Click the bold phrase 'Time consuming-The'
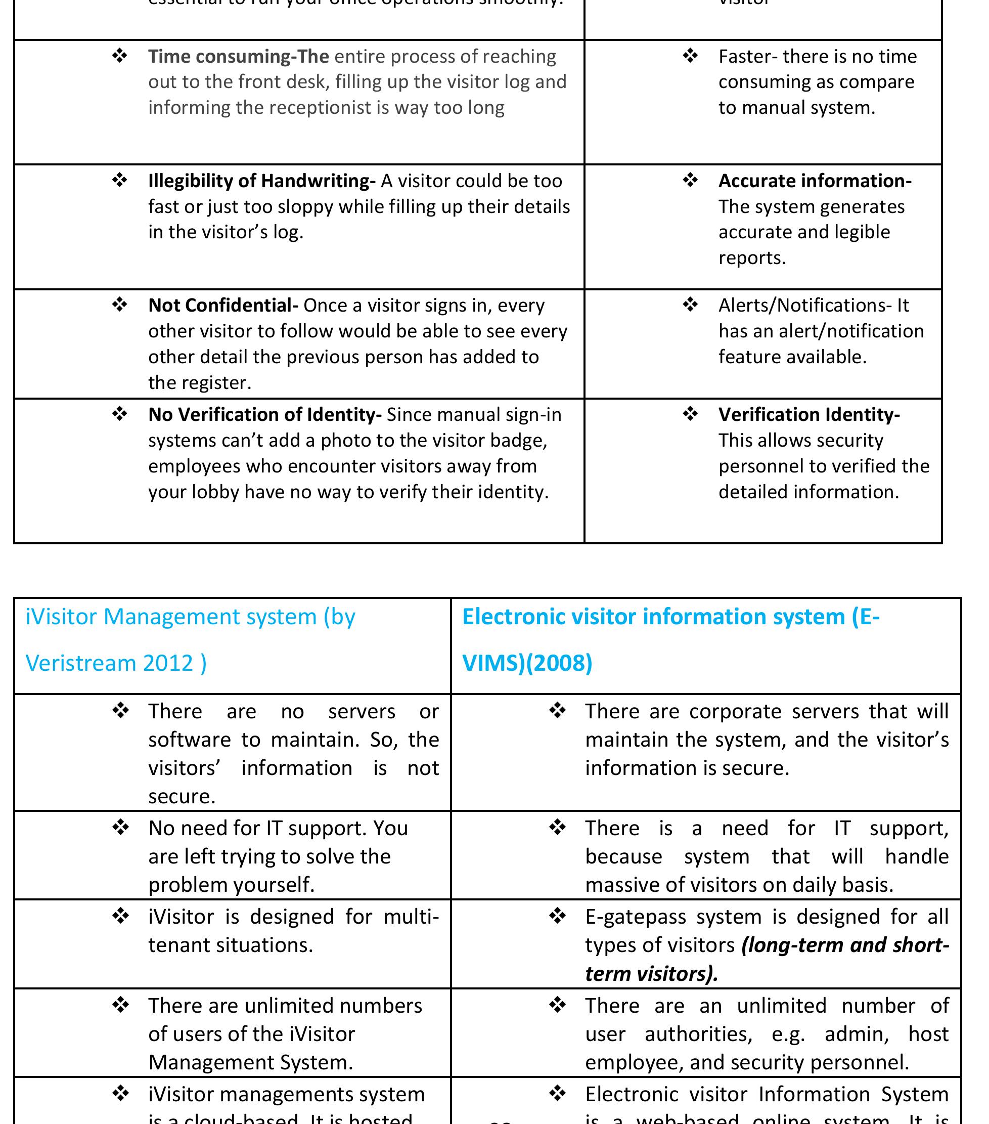(x=238, y=57)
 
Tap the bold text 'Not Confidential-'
(x=223, y=305)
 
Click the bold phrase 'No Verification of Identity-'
(x=264, y=415)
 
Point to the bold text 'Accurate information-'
(x=815, y=181)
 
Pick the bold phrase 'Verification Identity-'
(x=808, y=415)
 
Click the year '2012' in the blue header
(x=168, y=663)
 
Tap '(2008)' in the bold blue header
(x=559, y=663)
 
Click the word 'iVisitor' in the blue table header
(x=61, y=617)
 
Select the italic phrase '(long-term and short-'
(x=845, y=945)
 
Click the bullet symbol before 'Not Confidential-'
(x=120, y=304)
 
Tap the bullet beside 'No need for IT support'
(x=120, y=827)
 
